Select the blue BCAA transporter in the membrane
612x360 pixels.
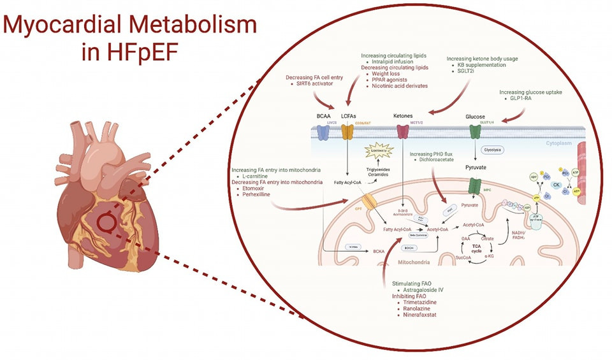click(324, 132)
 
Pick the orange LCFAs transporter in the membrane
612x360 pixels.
click(347, 132)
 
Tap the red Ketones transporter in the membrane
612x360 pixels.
click(403, 132)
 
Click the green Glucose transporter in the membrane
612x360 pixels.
click(475, 132)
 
